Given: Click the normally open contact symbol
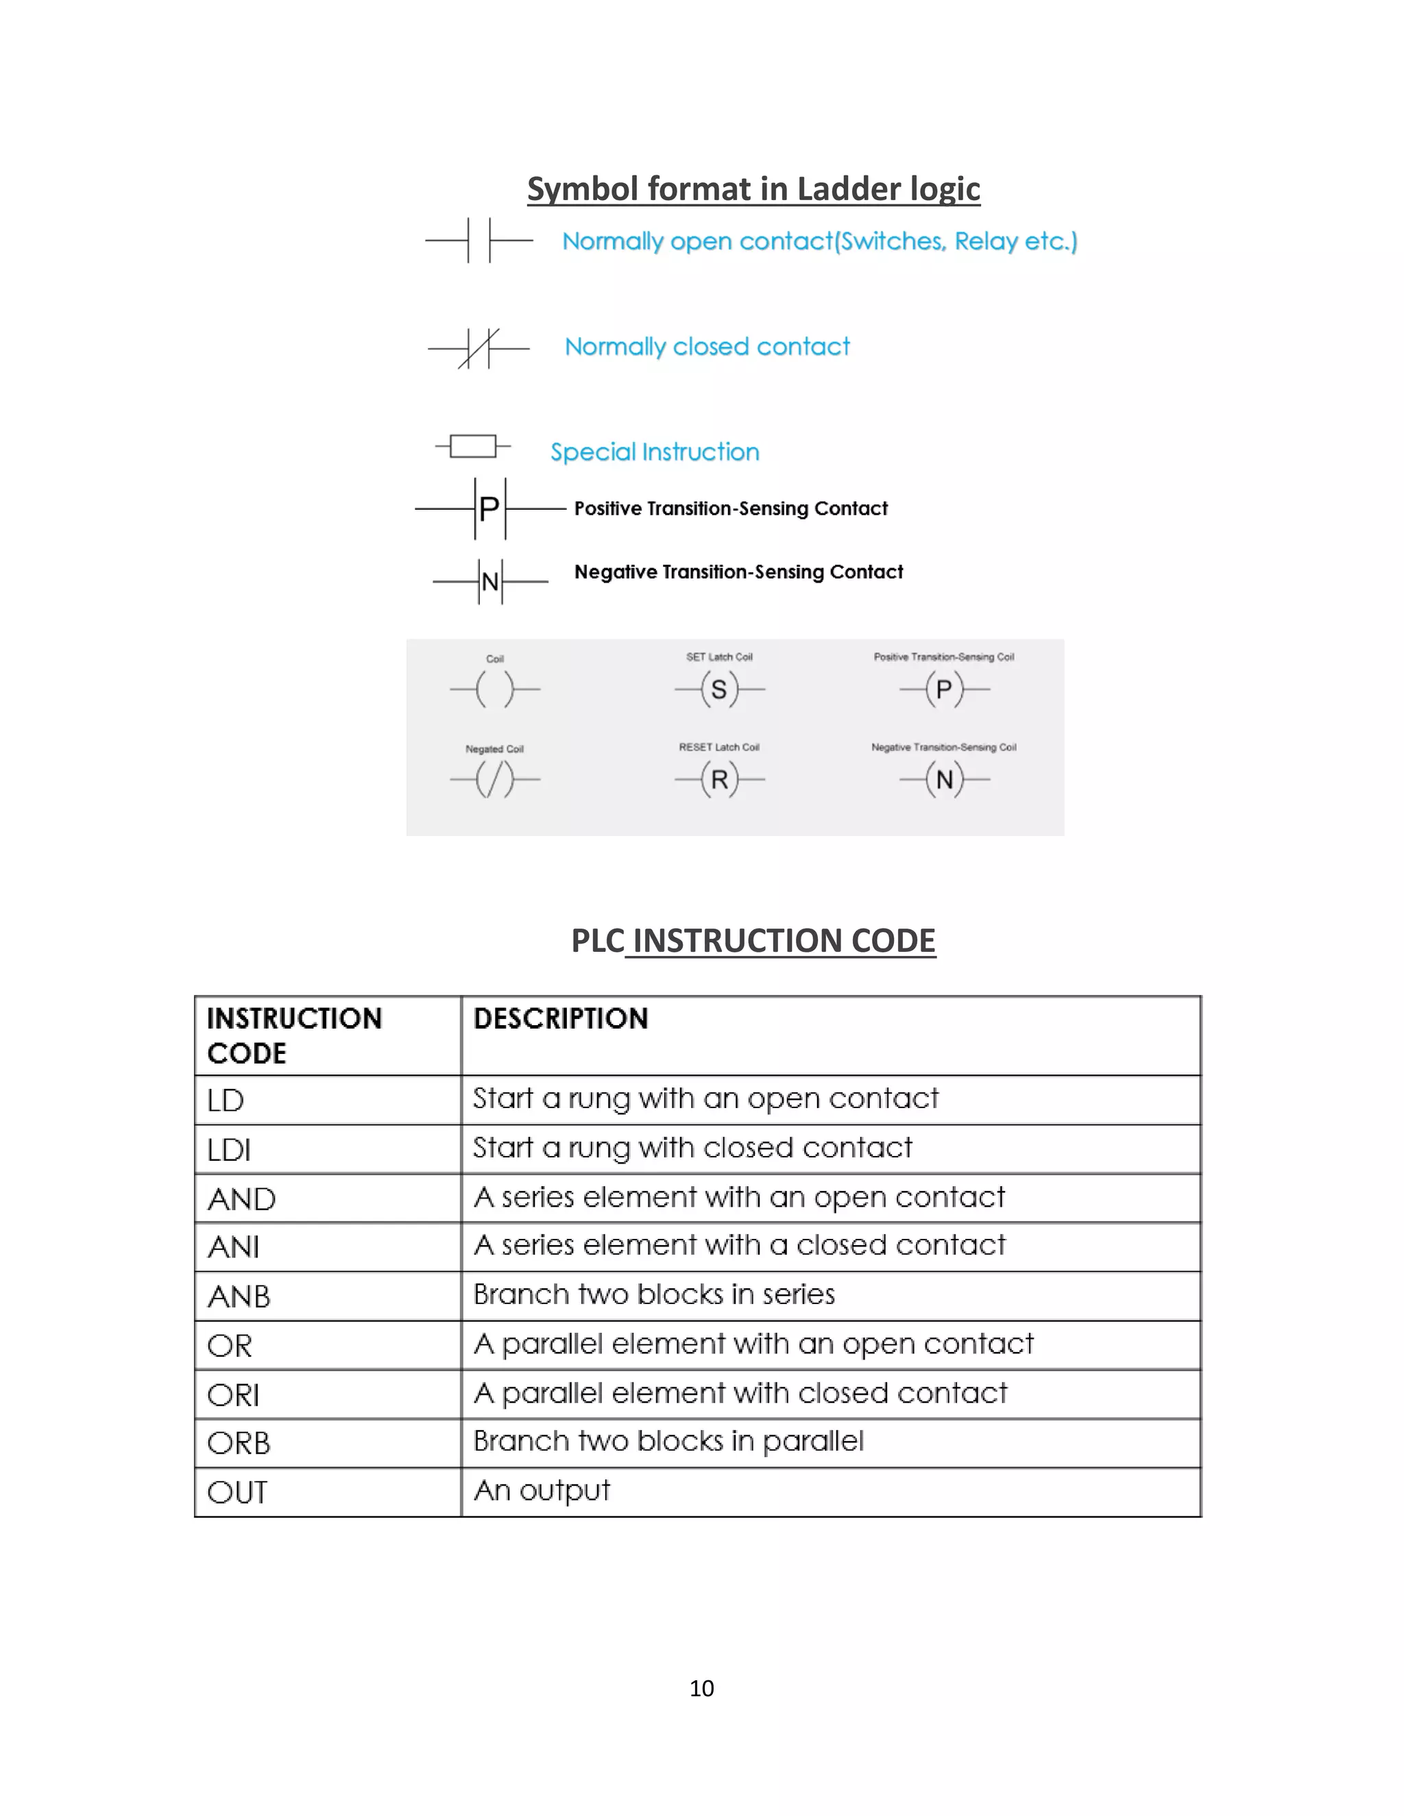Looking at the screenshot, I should coord(479,241).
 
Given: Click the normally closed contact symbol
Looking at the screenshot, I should coord(479,348).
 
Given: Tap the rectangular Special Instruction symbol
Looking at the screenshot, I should coord(473,447).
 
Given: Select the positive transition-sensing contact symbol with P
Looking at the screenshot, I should coord(490,508).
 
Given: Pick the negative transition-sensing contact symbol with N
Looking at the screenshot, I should coord(490,581).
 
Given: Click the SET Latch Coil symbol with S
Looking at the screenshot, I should coord(719,689).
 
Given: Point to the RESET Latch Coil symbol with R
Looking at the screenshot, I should coord(719,780).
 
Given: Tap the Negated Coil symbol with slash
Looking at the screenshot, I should coord(495,780).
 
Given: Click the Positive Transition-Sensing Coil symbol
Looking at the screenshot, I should coord(944,689).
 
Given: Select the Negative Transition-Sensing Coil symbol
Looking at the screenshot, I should coord(944,780).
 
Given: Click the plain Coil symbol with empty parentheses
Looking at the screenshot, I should coord(495,689).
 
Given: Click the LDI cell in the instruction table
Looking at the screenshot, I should coord(230,1150).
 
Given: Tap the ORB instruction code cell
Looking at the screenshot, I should coord(239,1443).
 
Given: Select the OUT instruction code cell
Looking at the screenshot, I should coord(238,1493).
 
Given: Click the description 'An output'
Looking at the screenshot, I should coord(542,1490).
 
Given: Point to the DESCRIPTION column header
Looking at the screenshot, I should coord(561,1018).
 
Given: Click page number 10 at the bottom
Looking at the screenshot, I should coord(701,1688).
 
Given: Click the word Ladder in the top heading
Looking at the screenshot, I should coord(849,188).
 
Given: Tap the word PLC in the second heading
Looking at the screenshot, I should coord(597,940).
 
